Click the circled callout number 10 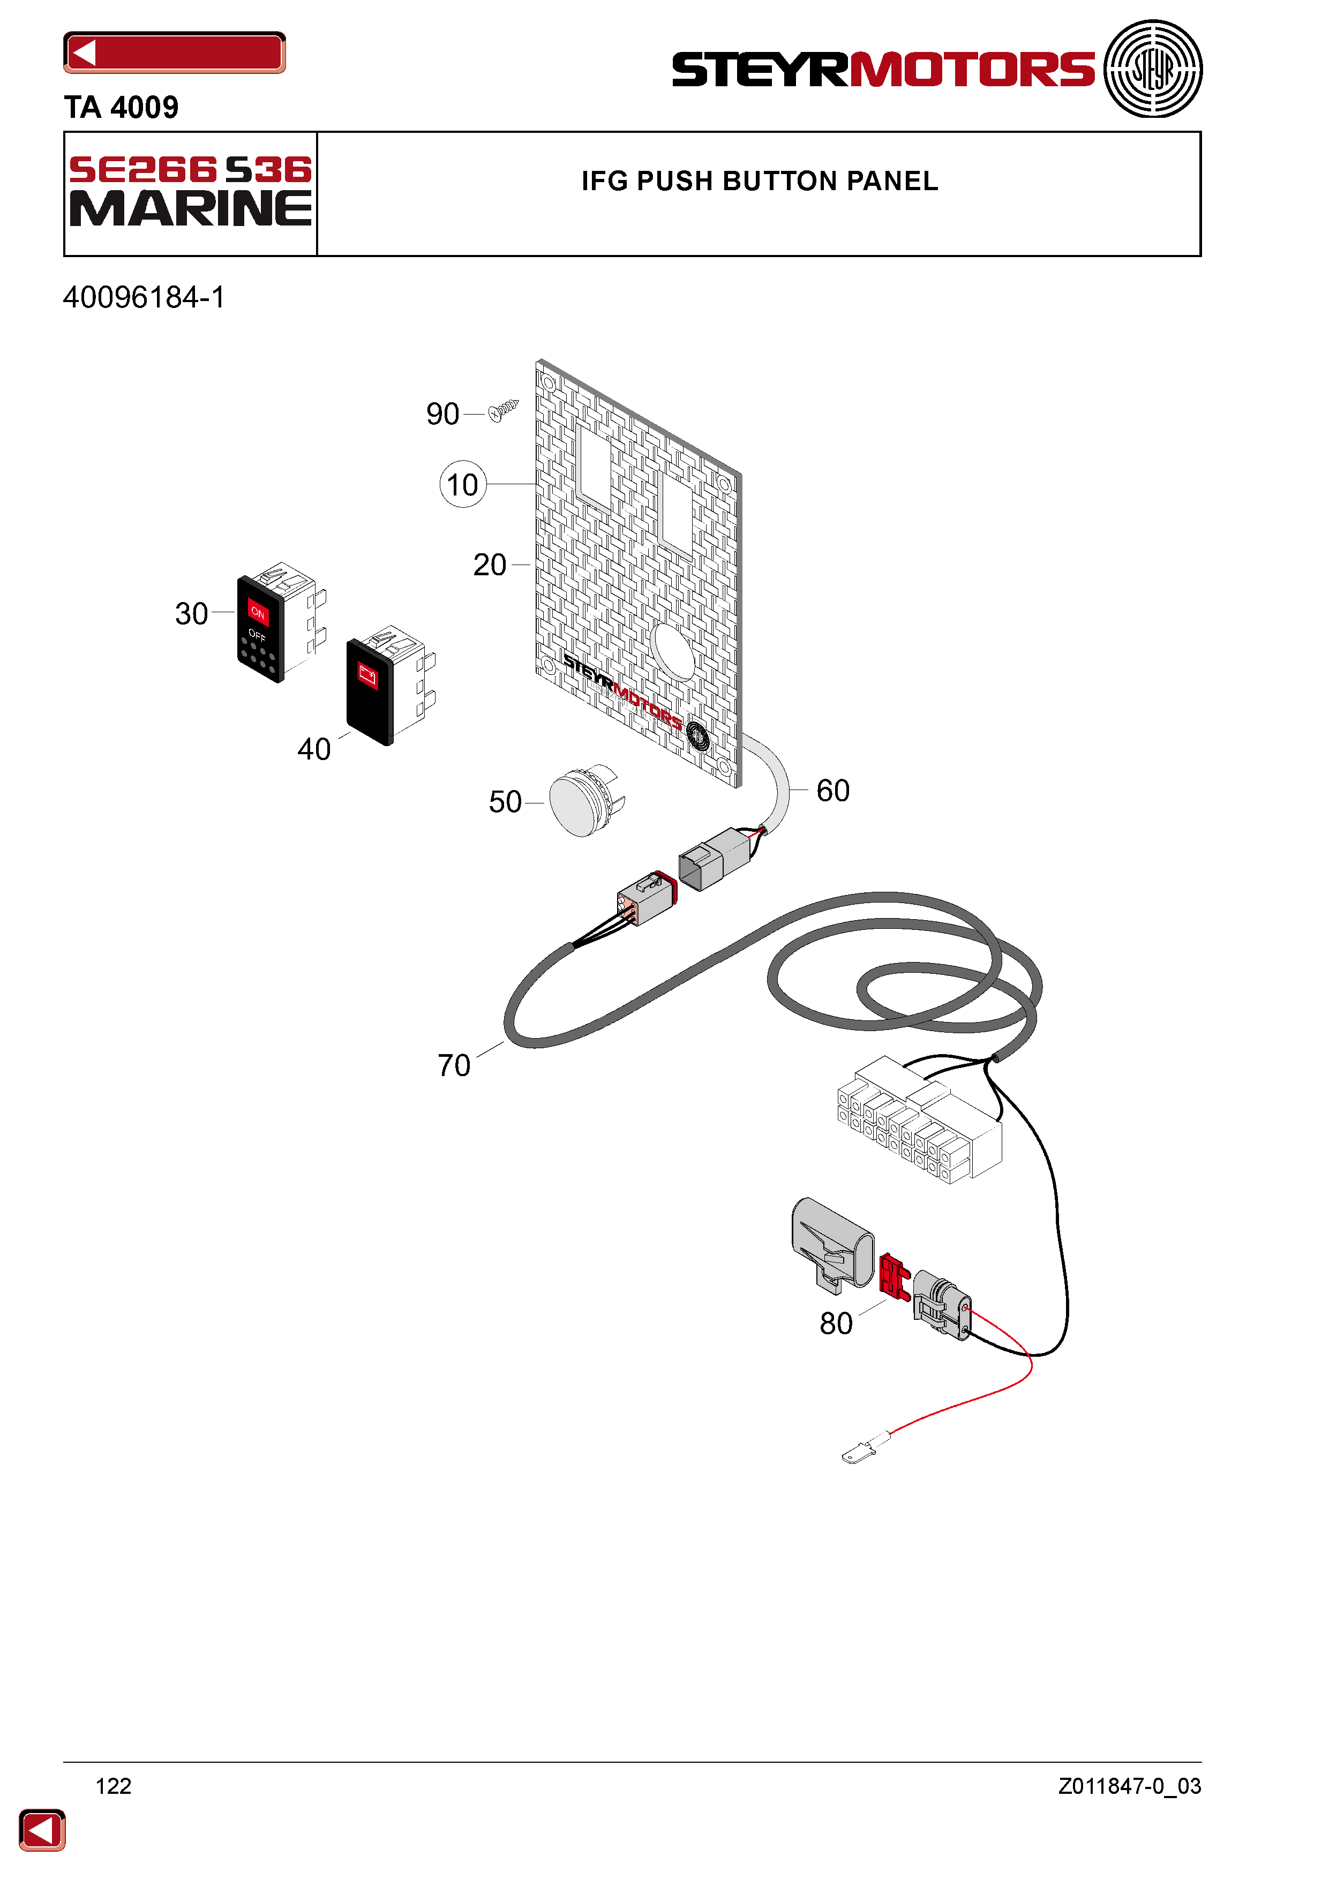click(x=462, y=485)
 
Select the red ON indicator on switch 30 click(x=258, y=611)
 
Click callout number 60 click(x=833, y=791)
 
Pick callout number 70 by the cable click(x=454, y=1065)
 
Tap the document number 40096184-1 click(x=144, y=297)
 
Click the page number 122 click(x=114, y=1786)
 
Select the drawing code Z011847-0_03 click(x=1129, y=1786)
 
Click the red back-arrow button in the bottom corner click(x=42, y=1830)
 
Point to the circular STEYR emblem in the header click(x=1152, y=69)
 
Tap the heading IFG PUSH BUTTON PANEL click(x=760, y=181)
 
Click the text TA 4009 click(x=121, y=107)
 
